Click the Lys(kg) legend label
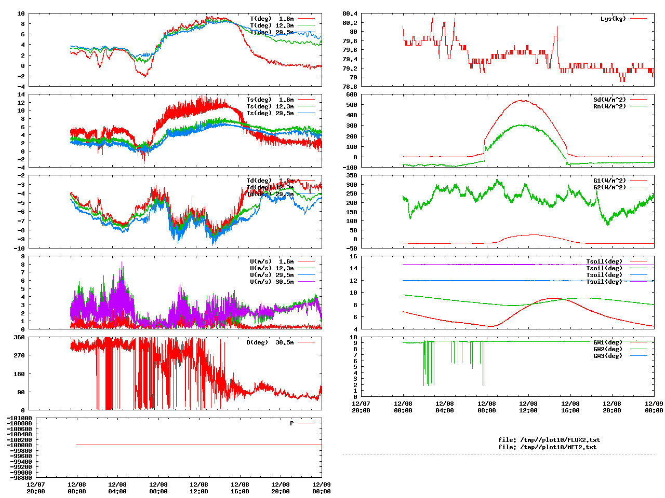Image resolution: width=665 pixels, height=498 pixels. [x=613, y=19]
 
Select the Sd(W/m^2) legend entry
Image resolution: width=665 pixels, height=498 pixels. [x=609, y=100]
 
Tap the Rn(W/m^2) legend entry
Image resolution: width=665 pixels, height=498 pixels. [x=609, y=106]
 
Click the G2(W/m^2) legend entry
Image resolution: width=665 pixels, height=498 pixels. [x=609, y=187]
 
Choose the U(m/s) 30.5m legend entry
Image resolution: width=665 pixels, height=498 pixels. [x=272, y=282]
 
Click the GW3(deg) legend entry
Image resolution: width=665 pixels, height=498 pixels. [x=607, y=356]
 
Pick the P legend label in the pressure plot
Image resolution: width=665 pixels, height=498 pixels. [x=292, y=423]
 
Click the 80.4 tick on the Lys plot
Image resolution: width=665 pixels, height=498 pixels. [x=350, y=22]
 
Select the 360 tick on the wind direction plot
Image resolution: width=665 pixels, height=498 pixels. [x=19, y=337]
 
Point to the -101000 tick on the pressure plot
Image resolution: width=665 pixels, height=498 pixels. [x=19, y=418]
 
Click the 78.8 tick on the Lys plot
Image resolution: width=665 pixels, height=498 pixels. [x=350, y=86]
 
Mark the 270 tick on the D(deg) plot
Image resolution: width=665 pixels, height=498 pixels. [x=19, y=355]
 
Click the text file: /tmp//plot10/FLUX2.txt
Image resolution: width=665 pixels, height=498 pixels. [x=549, y=440]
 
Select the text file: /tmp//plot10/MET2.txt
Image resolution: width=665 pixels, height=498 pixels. [x=547, y=447]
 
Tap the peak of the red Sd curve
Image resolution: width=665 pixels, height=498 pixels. [x=522, y=101]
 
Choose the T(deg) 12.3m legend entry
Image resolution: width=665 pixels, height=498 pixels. [x=272, y=25]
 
